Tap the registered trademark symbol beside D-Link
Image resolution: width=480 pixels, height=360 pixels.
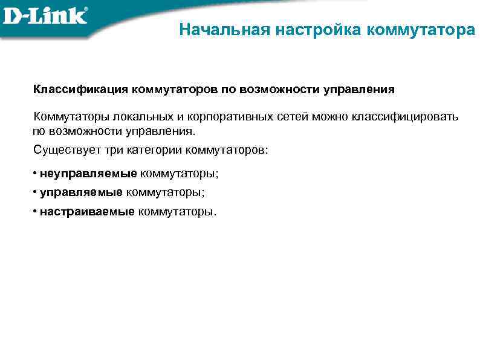[x=84, y=9]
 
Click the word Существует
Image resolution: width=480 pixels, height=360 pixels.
[x=63, y=149]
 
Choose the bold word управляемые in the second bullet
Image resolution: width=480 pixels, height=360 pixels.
[x=81, y=192]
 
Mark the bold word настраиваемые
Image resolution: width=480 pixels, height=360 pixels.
[x=87, y=211]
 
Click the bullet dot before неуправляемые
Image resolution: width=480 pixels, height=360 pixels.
[x=35, y=174]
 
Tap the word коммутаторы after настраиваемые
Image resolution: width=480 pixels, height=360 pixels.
[x=175, y=211]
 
